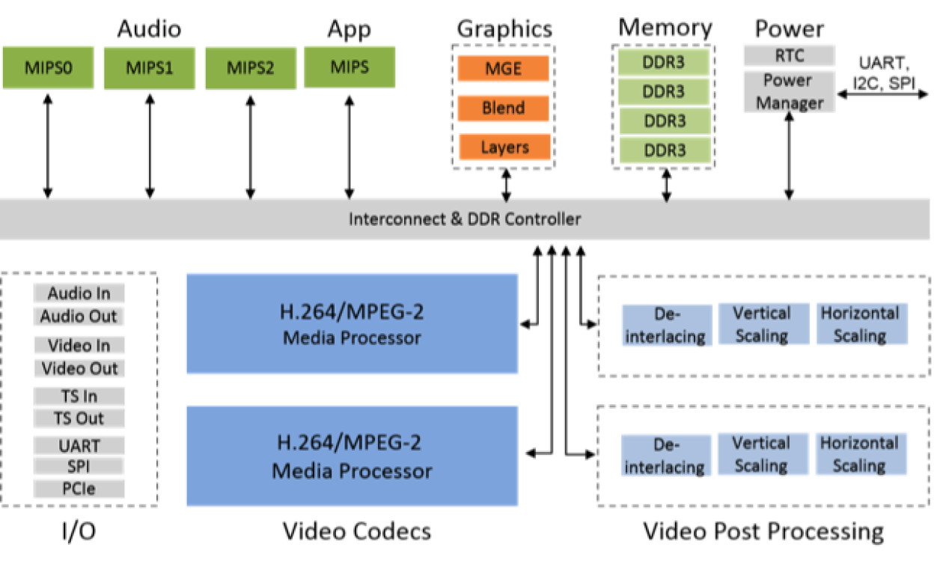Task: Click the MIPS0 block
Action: (x=48, y=68)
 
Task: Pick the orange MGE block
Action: (x=503, y=69)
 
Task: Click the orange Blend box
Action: (x=503, y=109)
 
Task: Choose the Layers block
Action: (x=504, y=147)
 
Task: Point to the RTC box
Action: (x=789, y=55)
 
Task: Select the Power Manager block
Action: (x=789, y=91)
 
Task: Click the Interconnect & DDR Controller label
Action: (x=464, y=219)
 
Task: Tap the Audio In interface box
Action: (x=79, y=293)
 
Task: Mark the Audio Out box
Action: (x=79, y=317)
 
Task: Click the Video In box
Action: (x=79, y=346)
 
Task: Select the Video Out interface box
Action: (x=79, y=369)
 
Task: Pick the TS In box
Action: (x=79, y=396)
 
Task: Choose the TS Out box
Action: (x=79, y=418)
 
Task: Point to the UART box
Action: (x=79, y=446)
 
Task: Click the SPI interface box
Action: (x=79, y=466)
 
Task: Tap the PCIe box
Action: (x=79, y=489)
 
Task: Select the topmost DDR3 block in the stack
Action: (x=664, y=62)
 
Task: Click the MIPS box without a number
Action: (x=350, y=67)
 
